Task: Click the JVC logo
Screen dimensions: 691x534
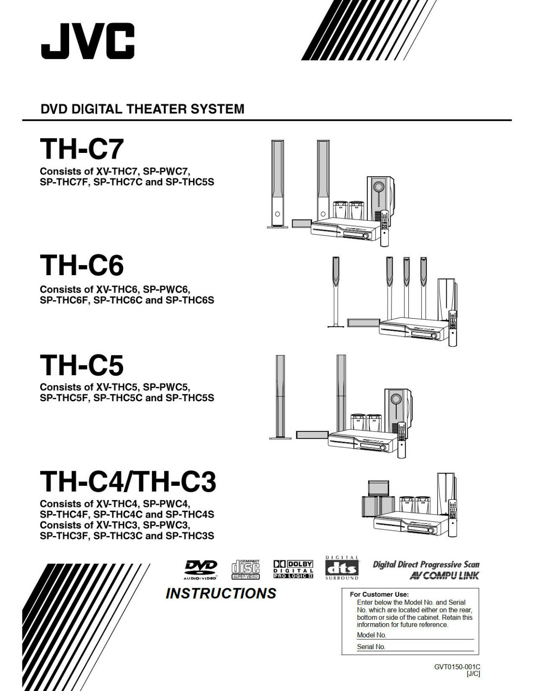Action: coord(88,41)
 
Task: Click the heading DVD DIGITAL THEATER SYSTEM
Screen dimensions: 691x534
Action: coord(142,109)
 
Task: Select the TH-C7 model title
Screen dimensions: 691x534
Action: coord(82,149)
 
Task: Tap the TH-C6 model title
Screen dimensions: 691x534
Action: coord(82,265)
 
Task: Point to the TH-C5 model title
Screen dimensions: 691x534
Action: coord(82,365)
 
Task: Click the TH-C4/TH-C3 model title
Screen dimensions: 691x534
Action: coord(128,482)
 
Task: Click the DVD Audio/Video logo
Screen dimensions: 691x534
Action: coord(200,569)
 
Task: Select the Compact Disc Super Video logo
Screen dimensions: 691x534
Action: coord(245,569)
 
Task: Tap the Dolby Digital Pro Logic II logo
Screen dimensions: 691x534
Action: coord(293,569)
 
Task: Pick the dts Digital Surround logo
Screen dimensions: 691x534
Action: coord(342,568)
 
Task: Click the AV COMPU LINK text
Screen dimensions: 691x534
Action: coord(444,576)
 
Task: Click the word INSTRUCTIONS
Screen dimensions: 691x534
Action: coord(221,593)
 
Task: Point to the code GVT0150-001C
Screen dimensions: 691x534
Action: coord(457,667)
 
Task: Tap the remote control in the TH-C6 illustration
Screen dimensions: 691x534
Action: coord(452,328)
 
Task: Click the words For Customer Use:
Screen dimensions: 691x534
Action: coord(379,594)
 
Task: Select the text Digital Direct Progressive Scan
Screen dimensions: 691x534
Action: coord(426,564)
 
